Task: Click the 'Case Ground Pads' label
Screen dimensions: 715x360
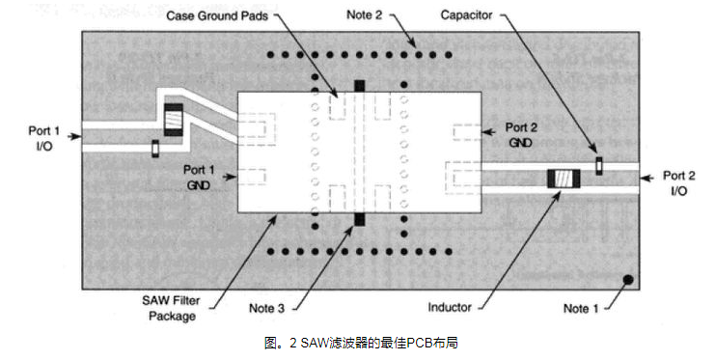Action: coord(217,16)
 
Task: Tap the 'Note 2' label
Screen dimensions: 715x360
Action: coord(364,14)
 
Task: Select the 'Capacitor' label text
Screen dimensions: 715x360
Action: coord(466,15)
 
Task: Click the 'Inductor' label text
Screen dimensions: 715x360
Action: coord(449,308)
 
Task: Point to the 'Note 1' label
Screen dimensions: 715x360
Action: coord(581,309)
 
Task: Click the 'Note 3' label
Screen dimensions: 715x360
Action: coord(266,309)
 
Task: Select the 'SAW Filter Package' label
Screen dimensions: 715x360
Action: coord(172,309)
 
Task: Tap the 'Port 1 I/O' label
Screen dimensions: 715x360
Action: coord(43,138)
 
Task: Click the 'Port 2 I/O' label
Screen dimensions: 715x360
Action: coord(679,183)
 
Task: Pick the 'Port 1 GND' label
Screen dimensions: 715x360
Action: coord(199,177)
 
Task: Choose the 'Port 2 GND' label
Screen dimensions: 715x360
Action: coord(521,135)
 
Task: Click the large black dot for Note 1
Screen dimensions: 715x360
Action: coord(628,279)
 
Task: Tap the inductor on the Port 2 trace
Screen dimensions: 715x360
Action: coord(564,179)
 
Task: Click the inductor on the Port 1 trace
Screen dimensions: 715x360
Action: coord(174,120)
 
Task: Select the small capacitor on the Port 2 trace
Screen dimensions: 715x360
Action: coord(599,166)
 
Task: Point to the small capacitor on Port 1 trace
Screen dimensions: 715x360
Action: coord(155,149)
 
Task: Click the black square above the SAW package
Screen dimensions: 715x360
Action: coord(360,86)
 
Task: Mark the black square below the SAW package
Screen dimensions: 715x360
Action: coord(360,219)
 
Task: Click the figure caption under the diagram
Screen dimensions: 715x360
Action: coord(361,344)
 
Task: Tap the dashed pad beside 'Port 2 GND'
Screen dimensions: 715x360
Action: coord(467,132)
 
